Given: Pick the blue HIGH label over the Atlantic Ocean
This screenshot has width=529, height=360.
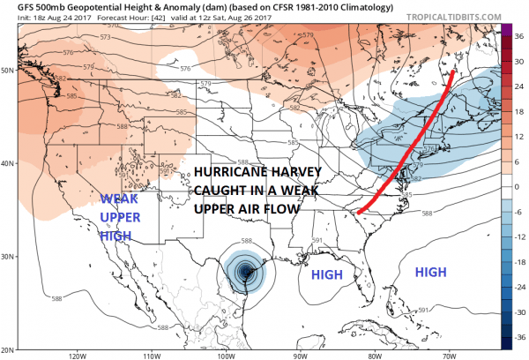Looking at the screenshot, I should [429, 273].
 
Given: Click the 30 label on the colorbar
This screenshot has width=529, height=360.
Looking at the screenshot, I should [518, 50].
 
